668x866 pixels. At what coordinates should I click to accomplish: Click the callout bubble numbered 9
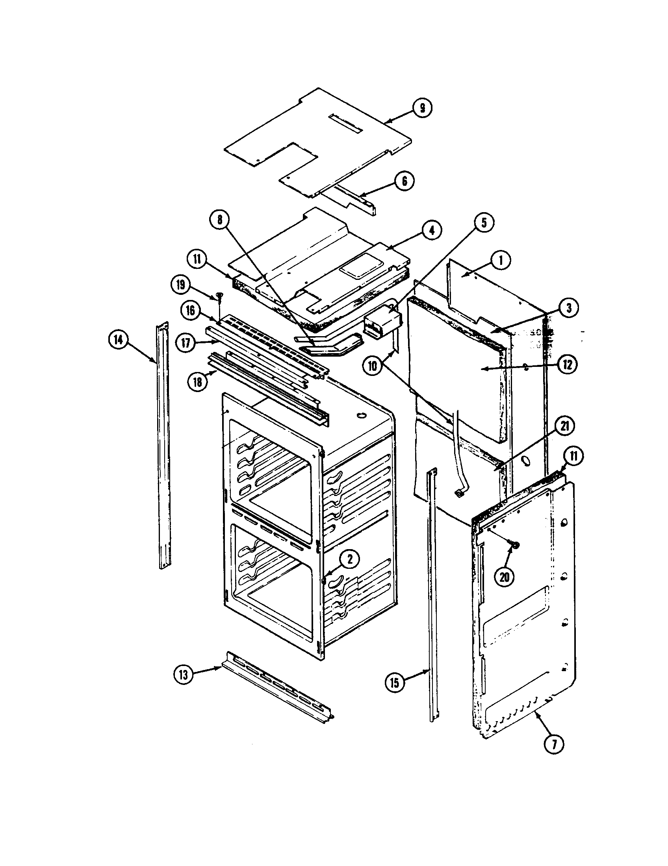click(x=422, y=107)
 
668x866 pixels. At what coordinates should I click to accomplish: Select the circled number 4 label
click(x=432, y=230)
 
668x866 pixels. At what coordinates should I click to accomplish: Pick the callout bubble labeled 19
click(x=180, y=285)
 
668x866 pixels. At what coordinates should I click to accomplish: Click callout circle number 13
click(x=183, y=674)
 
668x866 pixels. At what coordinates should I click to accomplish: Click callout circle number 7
click(x=554, y=744)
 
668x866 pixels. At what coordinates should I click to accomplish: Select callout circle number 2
click(x=349, y=559)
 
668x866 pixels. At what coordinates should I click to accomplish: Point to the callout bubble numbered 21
click(x=565, y=427)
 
